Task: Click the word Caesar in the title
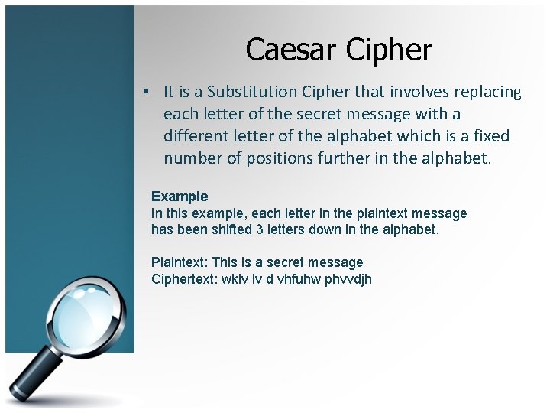tap(292, 50)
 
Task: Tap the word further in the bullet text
tap(346, 158)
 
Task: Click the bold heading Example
tap(180, 197)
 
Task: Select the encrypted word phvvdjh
tap(348, 278)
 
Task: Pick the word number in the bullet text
tap(190, 158)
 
